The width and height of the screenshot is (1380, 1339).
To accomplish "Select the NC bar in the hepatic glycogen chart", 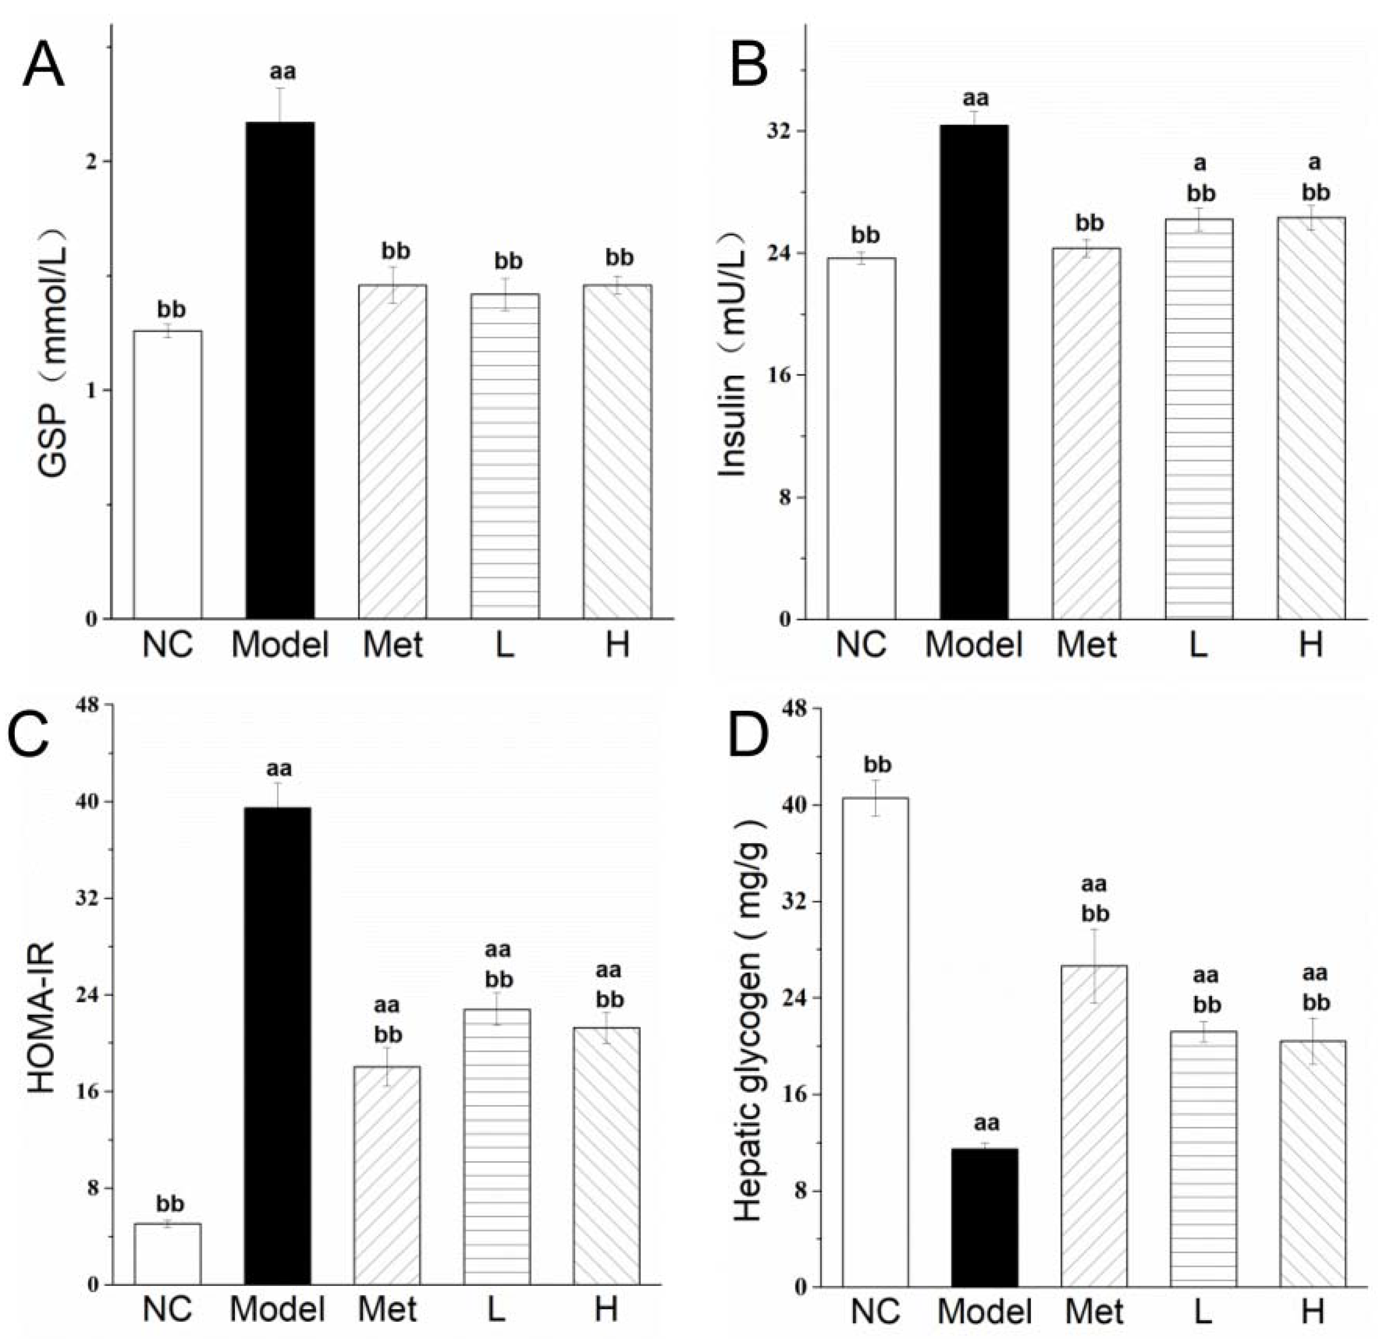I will coord(875,1042).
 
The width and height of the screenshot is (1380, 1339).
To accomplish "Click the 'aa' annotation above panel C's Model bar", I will coord(279,768).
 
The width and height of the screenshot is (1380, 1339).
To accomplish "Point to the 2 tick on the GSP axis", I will coord(91,161).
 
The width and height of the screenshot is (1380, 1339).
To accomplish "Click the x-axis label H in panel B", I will coord(1310,644).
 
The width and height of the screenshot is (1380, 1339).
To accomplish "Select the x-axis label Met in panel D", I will coord(1094,1311).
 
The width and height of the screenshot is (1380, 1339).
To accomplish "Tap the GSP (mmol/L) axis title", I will coord(53,352).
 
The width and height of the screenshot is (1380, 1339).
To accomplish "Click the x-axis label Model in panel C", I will coord(277,1309).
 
